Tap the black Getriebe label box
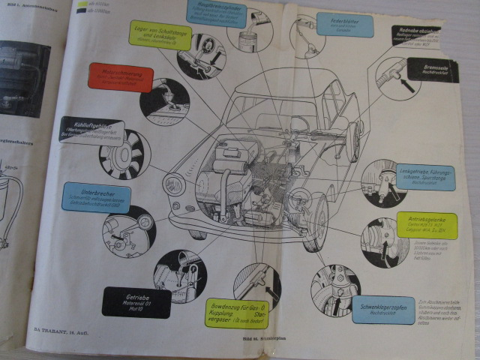point(136,302)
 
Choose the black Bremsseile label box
point(429,70)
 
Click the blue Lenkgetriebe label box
point(426,176)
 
